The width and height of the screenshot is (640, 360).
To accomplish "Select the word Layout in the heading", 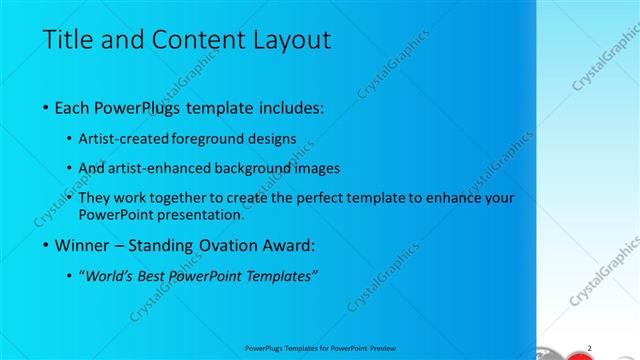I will [285, 40].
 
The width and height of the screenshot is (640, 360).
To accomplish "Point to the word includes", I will [292, 106].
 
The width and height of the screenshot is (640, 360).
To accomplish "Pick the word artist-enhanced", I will [157, 168].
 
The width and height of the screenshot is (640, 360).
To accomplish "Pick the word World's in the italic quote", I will [112, 276].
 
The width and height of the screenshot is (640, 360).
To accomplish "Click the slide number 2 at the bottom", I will [590, 348].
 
